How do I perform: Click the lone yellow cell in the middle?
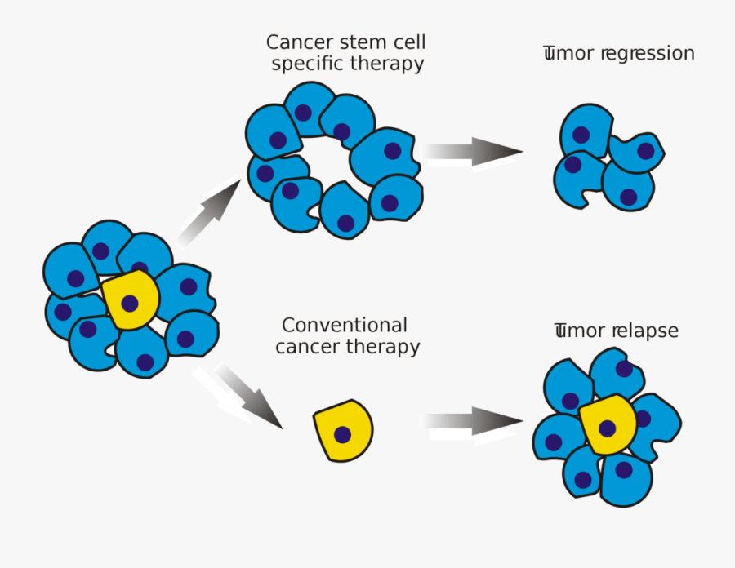(343, 430)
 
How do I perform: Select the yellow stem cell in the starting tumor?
(131, 300)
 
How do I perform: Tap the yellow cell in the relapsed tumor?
(608, 425)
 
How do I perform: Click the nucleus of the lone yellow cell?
(343, 435)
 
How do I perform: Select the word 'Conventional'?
(344, 326)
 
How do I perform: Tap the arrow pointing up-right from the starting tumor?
(209, 214)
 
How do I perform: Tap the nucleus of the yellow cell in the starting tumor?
(129, 304)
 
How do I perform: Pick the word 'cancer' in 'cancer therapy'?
(307, 347)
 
